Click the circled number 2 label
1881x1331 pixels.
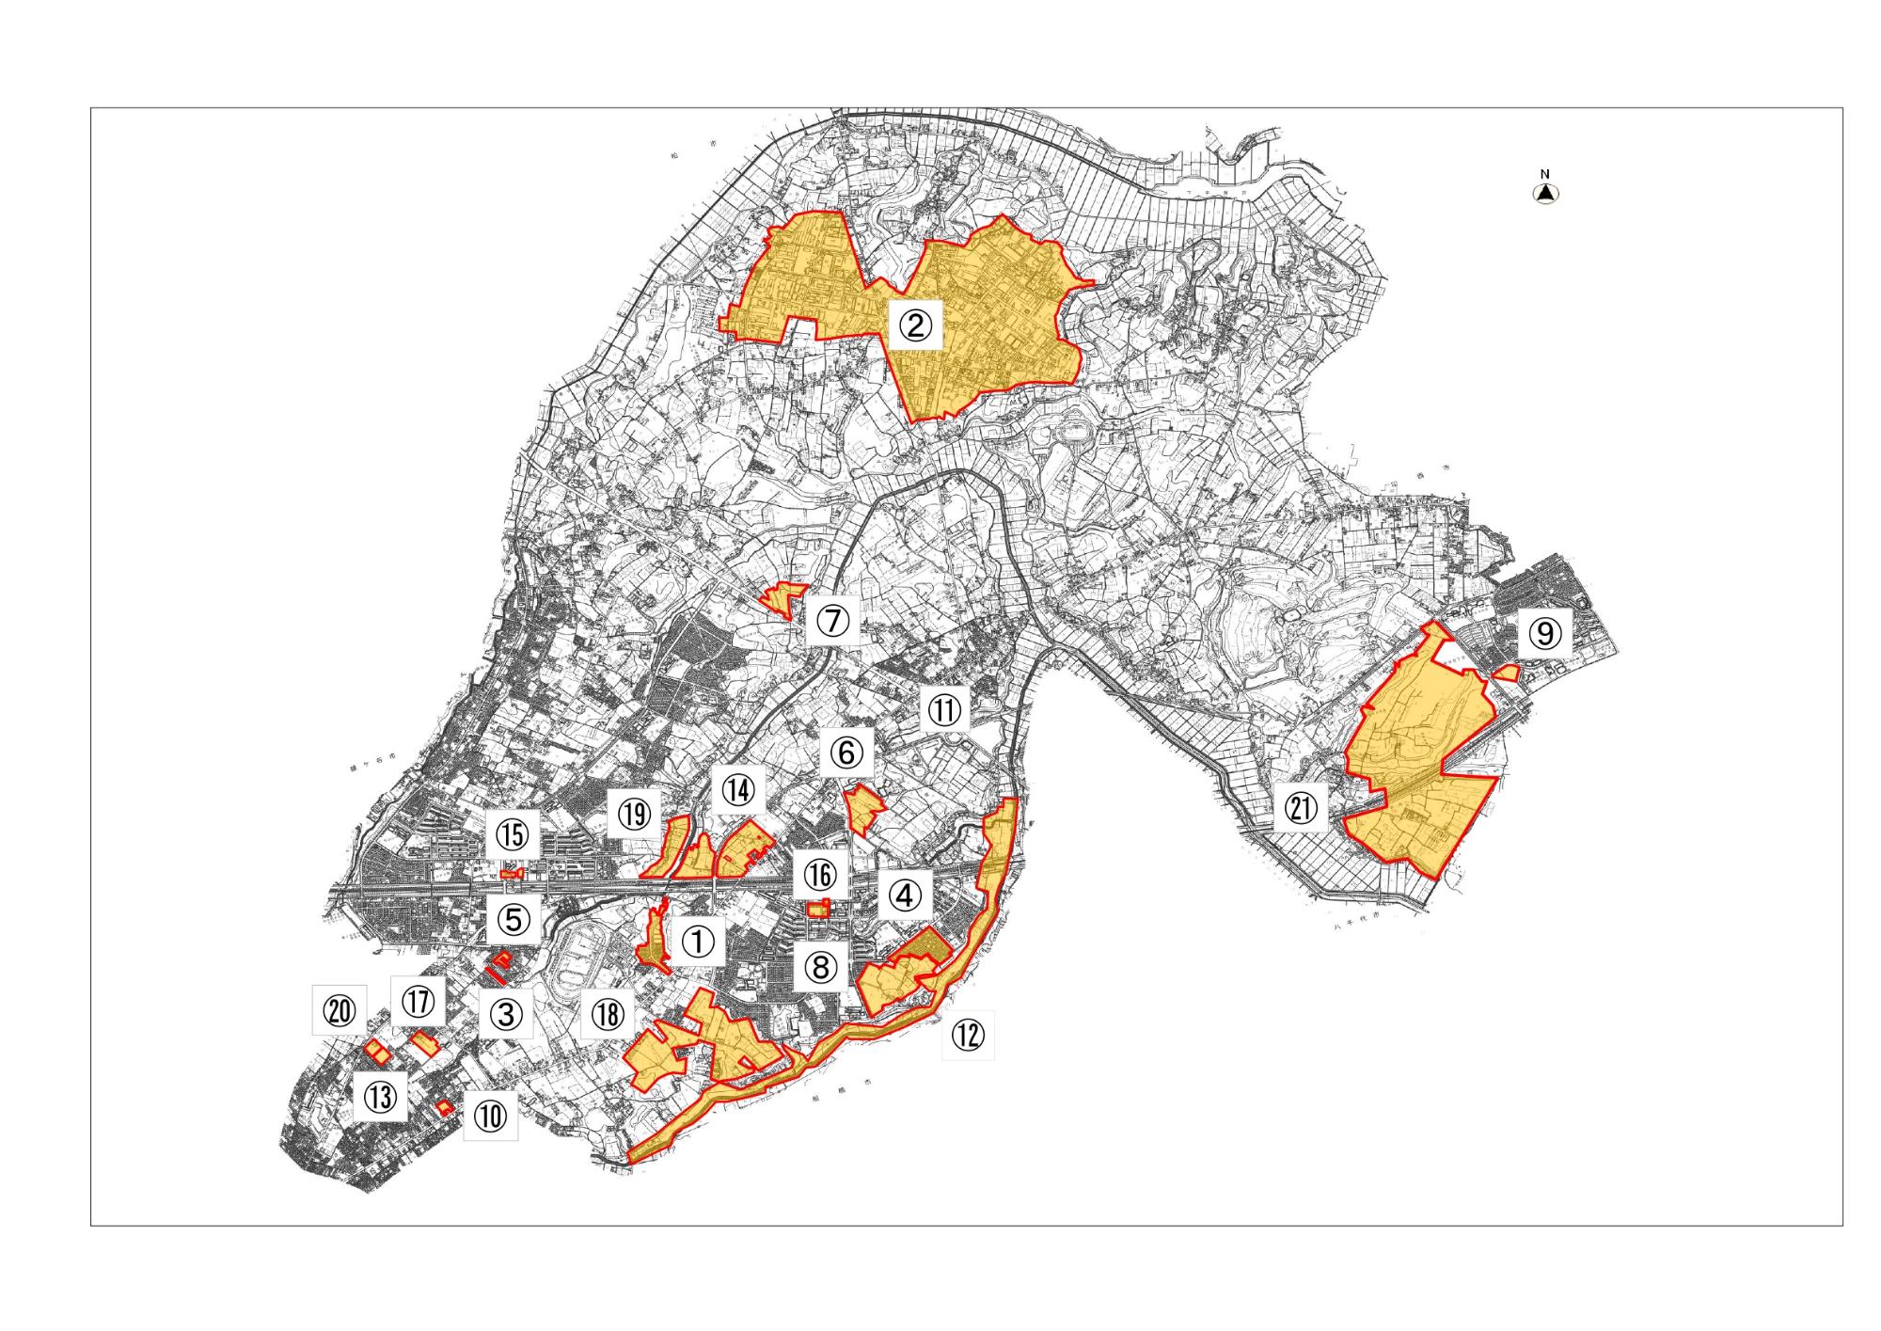(x=915, y=325)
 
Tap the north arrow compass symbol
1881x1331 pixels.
(x=1545, y=192)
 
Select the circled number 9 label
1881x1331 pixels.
(x=1544, y=634)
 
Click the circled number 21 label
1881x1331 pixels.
(x=1302, y=808)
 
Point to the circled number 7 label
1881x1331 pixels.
(x=833, y=620)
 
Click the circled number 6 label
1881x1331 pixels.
(x=846, y=753)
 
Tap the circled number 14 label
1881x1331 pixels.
(x=738, y=790)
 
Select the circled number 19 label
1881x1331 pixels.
(x=635, y=814)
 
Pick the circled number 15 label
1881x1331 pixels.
(x=513, y=834)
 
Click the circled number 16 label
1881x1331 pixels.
(x=819, y=876)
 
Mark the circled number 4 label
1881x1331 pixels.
(x=905, y=895)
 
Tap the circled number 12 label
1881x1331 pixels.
(x=967, y=1036)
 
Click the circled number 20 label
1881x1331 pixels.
(x=340, y=1012)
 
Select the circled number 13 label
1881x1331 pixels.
(x=380, y=1096)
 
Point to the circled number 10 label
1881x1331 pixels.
(x=490, y=1117)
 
